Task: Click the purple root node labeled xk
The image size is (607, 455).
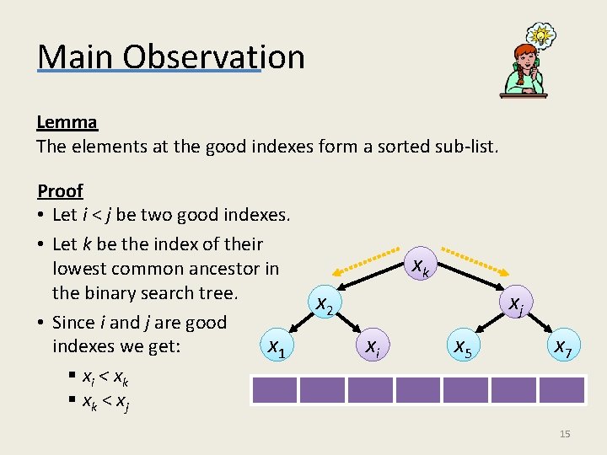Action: click(419, 268)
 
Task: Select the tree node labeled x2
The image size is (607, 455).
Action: click(323, 304)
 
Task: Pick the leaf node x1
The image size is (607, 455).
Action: click(275, 345)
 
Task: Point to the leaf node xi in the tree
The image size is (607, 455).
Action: click(371, 345)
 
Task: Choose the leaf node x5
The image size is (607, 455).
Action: click(465, 345)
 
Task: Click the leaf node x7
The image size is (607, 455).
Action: click(561, 345)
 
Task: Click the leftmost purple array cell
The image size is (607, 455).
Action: click(274, 390)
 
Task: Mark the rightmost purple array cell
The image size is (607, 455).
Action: click(561, 390)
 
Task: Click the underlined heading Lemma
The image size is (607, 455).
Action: click(67, 121)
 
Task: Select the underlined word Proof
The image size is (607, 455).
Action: click(60, 190)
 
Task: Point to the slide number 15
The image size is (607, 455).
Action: click(565, 434)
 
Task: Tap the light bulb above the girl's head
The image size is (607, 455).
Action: click(542, 36)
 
